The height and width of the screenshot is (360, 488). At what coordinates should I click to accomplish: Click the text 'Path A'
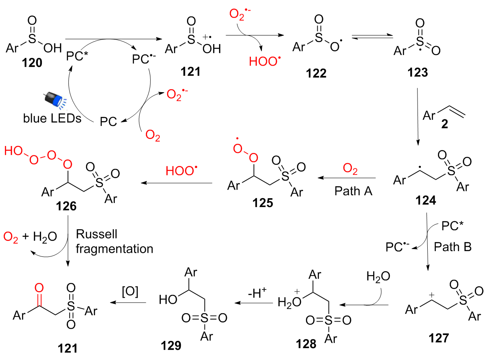[x=353, y=191]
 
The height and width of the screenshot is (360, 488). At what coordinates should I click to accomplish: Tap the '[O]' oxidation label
[x=130, y=292]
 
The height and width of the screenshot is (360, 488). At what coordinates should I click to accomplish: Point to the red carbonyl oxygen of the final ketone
[x=40, y=288]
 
